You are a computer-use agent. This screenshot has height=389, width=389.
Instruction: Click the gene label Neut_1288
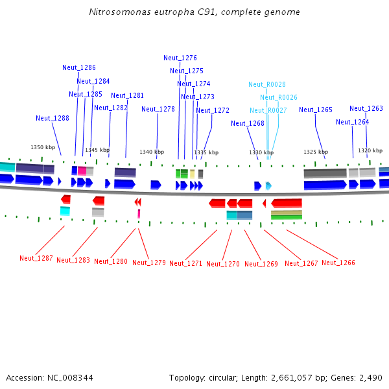53,118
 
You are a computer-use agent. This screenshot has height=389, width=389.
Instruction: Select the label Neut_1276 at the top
180,58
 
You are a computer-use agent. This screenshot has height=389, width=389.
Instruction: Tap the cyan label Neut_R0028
267,84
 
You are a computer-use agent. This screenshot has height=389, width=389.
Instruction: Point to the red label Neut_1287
36,258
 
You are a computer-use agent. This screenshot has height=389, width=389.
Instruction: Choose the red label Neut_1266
338,263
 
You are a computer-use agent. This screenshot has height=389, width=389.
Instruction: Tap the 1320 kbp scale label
370,150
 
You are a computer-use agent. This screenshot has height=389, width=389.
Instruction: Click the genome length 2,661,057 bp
294,377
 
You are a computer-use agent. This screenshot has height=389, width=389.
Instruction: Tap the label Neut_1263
366,108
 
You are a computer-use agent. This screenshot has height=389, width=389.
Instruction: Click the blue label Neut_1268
248,123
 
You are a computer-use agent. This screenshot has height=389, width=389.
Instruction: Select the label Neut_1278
158,109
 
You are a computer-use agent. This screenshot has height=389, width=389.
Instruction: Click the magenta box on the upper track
82,171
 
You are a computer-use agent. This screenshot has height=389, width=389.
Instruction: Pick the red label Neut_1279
149,263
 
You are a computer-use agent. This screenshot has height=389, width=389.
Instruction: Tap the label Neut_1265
316,110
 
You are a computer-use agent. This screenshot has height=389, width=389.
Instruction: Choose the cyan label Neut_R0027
268,110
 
